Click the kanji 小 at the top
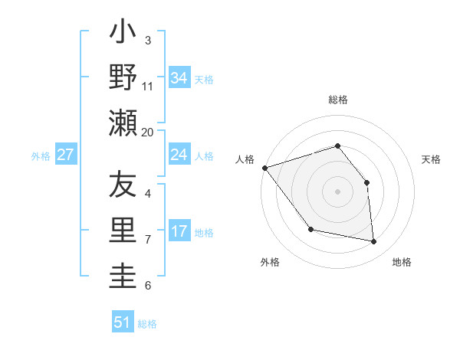tap(123, 34)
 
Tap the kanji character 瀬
tap(123, 123)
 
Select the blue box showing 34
tap(179, 77)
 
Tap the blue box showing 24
tap(179, 155)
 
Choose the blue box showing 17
tap(179, 231)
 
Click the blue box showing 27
tap(65, 155)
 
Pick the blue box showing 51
tap(123, 322)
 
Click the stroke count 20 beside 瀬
tap(148, 132)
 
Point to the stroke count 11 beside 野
tap(148, 86)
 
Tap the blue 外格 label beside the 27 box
tap(41, 156)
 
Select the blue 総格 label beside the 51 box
tap(147, 324)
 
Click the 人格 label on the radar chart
tap(245, 159)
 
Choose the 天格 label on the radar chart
tap(432, 159)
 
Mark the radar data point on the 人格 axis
tap(264, 168)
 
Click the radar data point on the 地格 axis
tap(374, 242)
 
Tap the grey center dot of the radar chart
tap(338, 191)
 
